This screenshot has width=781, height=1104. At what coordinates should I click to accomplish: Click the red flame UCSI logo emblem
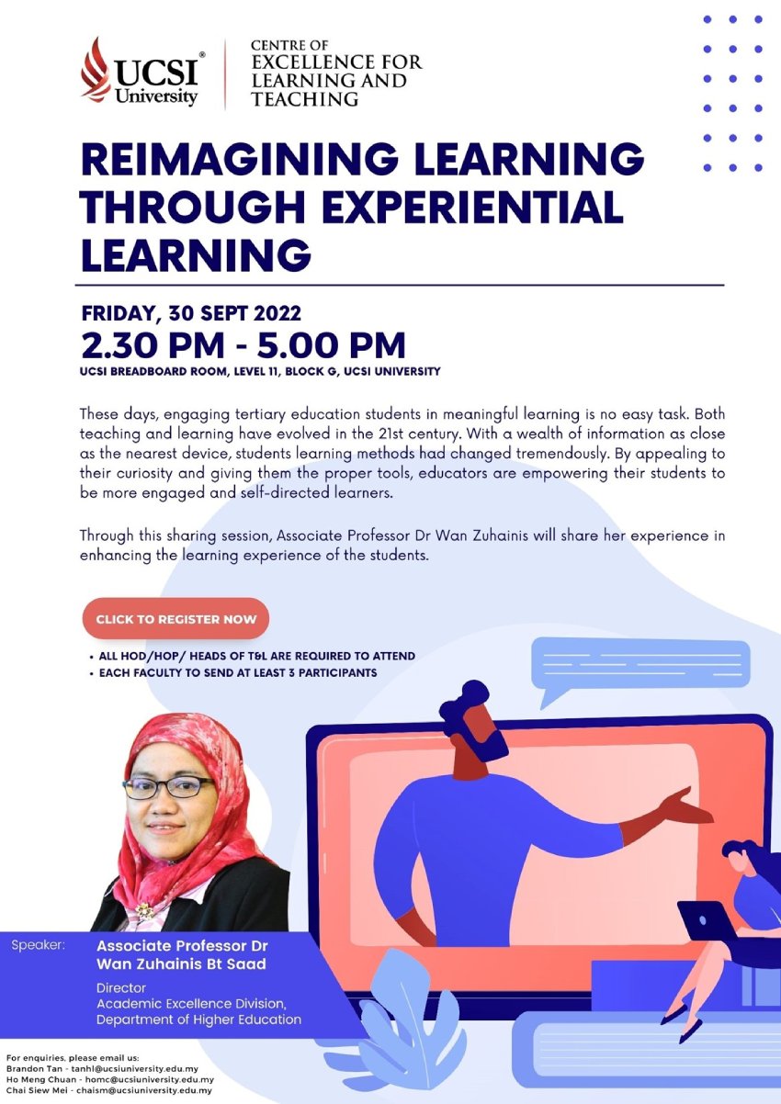click(x=96, y=70)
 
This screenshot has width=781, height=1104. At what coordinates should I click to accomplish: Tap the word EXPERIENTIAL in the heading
click(x=473, y=207)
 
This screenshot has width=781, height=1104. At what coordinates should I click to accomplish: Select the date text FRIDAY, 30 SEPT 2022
click(x=191, y=313)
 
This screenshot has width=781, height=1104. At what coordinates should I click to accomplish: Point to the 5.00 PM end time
click(x=331, y=345)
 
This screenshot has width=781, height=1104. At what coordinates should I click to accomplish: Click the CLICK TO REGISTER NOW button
click(x=175, y=619)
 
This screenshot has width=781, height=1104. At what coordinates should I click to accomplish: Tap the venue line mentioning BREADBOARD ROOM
click(x=260, y=371)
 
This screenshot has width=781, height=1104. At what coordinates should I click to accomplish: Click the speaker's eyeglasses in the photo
click(x=167, y=787)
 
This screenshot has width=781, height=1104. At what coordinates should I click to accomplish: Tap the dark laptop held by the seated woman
click(x=705, y=920)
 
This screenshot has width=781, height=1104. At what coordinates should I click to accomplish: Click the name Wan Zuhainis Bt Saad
click(x=181, y=963)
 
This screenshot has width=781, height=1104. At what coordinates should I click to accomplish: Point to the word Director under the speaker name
click(x=121, y=987)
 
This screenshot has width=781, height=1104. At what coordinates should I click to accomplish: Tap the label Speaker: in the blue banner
click(x=38, y=945)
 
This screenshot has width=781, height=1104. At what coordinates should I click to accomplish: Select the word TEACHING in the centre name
click(x=305, y=99)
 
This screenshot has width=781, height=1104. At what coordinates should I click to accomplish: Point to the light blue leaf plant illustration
click(x=394, y=1025)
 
